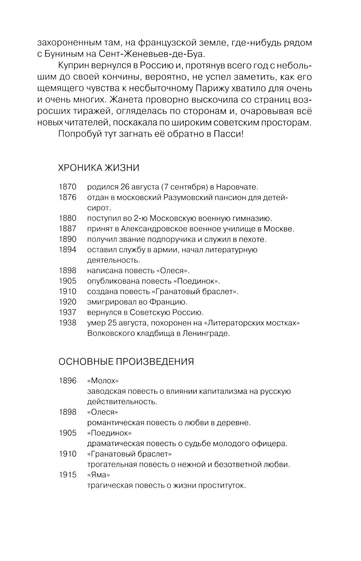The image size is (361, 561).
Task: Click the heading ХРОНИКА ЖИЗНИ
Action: (x=99, y=168)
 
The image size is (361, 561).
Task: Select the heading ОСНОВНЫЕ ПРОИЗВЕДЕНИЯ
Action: (x=126, y=361)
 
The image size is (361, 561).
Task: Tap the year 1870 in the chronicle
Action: (x=68, y=187)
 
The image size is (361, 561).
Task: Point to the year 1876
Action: (x=68, y=197)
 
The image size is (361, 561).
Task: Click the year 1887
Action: (x=68, y=229)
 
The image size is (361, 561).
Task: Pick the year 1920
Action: (x=68, y=302)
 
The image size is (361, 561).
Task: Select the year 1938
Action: (x=68, y=323)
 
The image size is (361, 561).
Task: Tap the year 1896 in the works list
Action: (x=68, y=381)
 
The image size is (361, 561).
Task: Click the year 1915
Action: (x=68, y=475)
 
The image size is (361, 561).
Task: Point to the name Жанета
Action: (x=126, y=99)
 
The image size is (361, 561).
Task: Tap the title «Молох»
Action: (x=103, y=381)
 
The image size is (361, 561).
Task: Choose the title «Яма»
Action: (x=99, y=475)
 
